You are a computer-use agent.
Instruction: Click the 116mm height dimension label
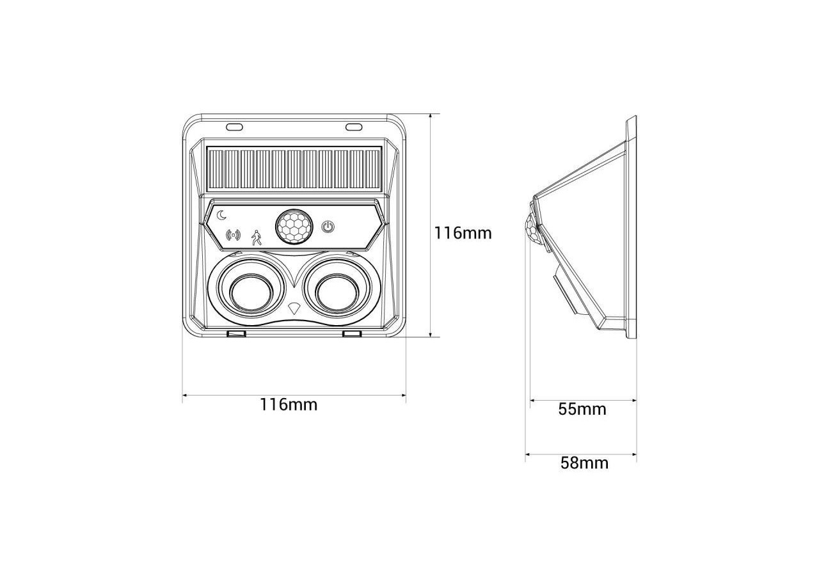[x=463, y=233]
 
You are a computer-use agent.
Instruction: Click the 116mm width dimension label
[x=288, y=404]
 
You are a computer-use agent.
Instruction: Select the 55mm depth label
[x=582, y=409]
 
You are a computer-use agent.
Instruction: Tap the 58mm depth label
[x=584, y=463]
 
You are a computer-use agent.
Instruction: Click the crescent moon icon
[x=221, y=215]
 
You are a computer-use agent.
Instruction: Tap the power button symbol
[x=328, y=227]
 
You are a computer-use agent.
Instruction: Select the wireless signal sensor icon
[x=234, y=235]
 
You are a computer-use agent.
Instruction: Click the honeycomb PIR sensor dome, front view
[x=294, y=227]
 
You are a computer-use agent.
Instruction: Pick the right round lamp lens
[x=337, y=292]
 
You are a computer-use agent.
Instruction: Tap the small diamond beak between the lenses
[x=294, y=308]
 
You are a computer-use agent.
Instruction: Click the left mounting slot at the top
[x=234, y=126]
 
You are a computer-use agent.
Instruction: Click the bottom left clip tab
[x=237, y=334]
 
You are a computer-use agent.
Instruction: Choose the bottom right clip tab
[x=352, y=334]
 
